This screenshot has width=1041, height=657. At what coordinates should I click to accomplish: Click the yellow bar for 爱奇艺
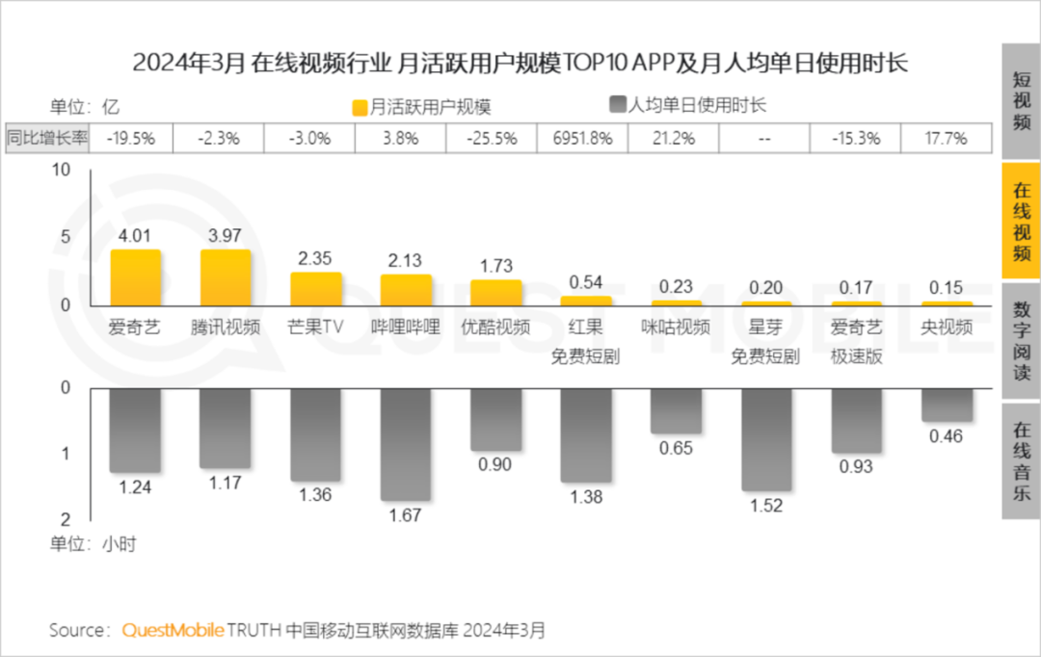tap(135, 277)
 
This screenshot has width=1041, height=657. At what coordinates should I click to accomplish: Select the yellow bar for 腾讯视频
tap(226, 277)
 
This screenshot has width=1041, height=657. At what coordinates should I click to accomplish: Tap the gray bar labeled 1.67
tap(406, 444)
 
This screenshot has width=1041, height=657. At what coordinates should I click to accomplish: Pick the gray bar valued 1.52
tap(766, 439)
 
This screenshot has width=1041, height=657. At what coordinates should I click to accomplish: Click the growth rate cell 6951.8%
tap(581, 138)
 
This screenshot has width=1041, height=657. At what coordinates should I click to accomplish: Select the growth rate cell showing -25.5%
tap(491, 138)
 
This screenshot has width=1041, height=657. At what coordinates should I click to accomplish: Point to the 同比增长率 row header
tap(47, 138)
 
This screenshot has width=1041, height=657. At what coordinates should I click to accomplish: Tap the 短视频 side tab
tap(1021, 100)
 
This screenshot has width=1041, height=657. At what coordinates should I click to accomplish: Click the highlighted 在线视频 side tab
tap(1021, 221)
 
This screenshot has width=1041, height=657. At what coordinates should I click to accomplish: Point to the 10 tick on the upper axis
tap(63, 170)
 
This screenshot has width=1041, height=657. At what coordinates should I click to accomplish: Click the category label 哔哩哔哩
tap(406, 327)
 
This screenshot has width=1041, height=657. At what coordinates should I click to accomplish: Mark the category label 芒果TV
tap(315, 327)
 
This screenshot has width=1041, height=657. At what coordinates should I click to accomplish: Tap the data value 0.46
tap(947, 436)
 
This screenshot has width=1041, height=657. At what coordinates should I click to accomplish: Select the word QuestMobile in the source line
tap(173, 630)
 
